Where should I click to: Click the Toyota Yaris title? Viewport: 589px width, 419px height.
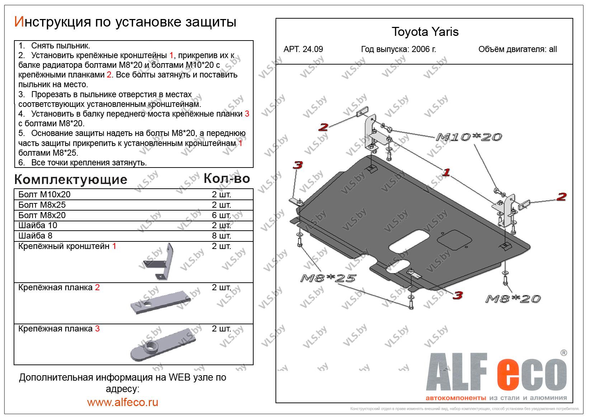(425, 32)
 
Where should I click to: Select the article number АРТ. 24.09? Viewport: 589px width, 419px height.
(303, 49)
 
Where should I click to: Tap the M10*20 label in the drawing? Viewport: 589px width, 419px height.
(469, 137)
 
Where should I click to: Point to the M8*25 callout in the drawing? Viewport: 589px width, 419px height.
(328, 278)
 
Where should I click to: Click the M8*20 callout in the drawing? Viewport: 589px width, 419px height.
(513, 298)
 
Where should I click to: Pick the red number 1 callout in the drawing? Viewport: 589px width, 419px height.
(446, 172)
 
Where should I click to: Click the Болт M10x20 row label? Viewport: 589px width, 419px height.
(44, 194)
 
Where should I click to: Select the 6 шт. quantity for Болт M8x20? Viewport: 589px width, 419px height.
(221, 215)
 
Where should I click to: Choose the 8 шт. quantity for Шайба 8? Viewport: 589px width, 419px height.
(221, 236)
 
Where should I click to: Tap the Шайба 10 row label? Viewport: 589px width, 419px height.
(38, 225)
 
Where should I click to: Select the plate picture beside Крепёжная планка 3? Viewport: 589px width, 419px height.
(163, 345)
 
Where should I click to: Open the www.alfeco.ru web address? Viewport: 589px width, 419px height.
(123, 402)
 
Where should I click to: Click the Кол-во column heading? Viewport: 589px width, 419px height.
(227, 178)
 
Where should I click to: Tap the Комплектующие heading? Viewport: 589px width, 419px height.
(71, 179)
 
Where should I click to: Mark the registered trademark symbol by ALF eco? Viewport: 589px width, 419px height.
(564, 353)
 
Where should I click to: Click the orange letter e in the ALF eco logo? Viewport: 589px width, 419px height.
(509, 375)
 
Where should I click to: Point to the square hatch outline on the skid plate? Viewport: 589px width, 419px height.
(454, 240)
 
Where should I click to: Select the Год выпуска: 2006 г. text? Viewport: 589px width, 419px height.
(399, 49)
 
